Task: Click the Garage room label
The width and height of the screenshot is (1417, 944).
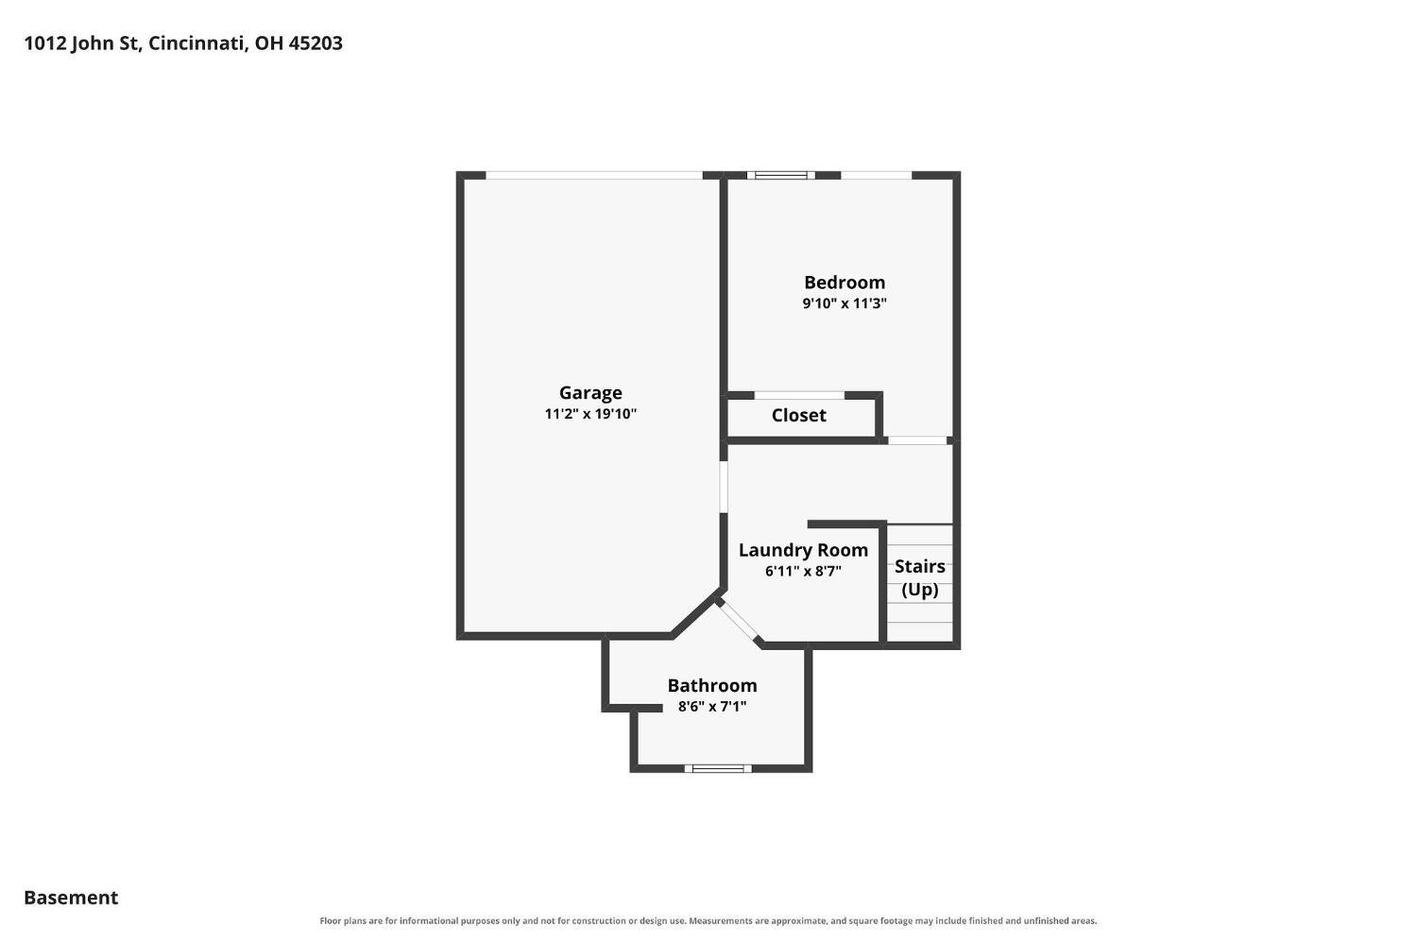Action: point(590,393)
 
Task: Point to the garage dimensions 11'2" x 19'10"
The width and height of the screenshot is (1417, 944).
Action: point(590,414)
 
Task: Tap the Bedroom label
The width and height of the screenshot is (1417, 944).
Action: point(844,283)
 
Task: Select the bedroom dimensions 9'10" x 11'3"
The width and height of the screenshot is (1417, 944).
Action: point(844,303)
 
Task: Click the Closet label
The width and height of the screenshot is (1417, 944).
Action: point(798,415)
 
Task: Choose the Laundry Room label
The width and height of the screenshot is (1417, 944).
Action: point(803,551)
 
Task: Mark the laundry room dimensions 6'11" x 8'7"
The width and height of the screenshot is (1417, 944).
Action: point(803,572)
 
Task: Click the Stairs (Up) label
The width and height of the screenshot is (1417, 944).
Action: point(919,577)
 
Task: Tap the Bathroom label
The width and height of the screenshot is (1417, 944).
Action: point(711,685)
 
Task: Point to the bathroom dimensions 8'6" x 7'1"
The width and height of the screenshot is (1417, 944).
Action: point(711,706)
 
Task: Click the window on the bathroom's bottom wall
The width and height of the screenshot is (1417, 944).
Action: point(717,769)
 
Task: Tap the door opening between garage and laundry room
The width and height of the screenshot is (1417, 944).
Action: point(723,486)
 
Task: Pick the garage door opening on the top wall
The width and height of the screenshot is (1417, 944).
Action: point(593,175)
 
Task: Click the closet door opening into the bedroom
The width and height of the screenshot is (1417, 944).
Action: point(799,395)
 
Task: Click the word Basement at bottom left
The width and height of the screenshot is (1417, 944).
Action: point(71,898)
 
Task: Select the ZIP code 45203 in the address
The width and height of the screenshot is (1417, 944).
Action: point(316,43)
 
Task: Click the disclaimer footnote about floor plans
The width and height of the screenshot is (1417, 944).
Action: point(708,921)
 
